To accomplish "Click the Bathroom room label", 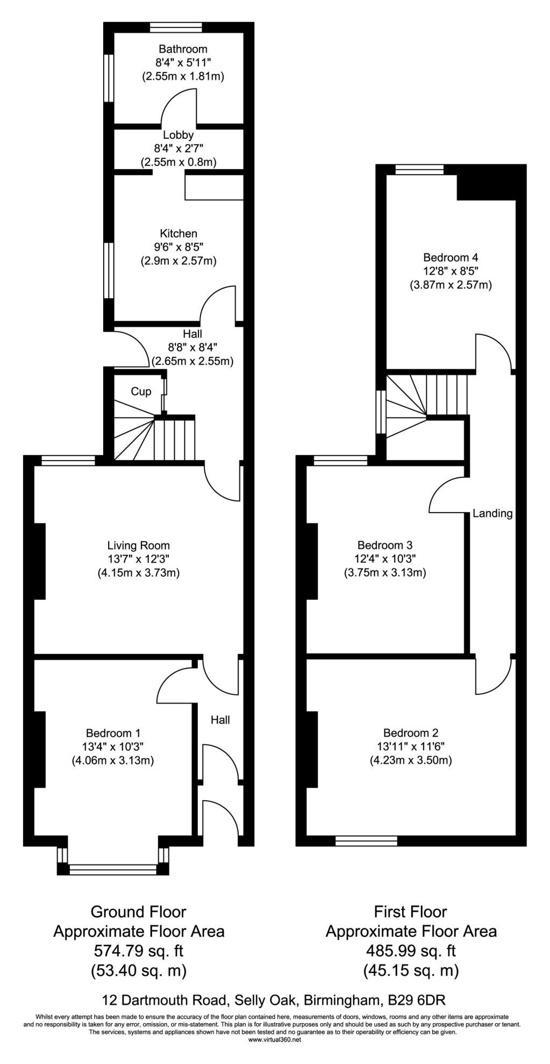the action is coord(183,49).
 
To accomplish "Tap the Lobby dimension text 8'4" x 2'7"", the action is coord(179,148).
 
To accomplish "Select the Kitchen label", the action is coord(178,234).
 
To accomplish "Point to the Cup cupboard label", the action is coord(141,392).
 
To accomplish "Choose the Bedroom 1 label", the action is coord(113,733).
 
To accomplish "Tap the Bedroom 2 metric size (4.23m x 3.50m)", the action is coord(410,760).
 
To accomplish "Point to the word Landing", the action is coord(492,513).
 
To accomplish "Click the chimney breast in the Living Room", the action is coord(39,561).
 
